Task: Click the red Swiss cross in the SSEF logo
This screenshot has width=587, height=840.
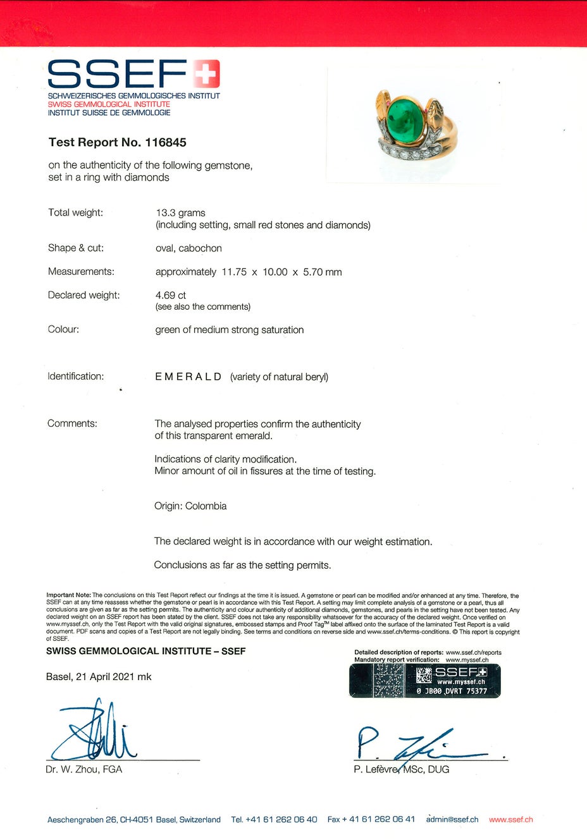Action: point(206,74)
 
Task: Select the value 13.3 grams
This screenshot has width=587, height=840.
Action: point(181,213)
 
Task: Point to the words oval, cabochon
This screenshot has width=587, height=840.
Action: point(188,248)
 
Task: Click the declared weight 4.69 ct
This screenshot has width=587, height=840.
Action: point(171,295)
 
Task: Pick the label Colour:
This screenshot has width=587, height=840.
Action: point(63,329)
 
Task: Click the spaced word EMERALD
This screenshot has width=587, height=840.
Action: point(188,377)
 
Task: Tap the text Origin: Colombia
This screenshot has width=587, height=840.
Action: point(190,506)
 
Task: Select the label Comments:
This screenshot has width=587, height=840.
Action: point(72,423)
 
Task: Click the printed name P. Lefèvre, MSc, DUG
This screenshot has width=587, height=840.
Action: point(402,770)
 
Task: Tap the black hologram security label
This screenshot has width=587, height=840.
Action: point(424,681)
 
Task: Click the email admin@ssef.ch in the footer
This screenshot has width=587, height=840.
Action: point(452,820)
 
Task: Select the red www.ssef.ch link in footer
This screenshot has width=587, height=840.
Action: point(511,820)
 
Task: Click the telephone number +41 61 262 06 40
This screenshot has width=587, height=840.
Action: point(281,820)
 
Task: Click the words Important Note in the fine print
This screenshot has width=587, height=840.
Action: point(68,595)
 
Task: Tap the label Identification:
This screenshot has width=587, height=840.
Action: point(76,377)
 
